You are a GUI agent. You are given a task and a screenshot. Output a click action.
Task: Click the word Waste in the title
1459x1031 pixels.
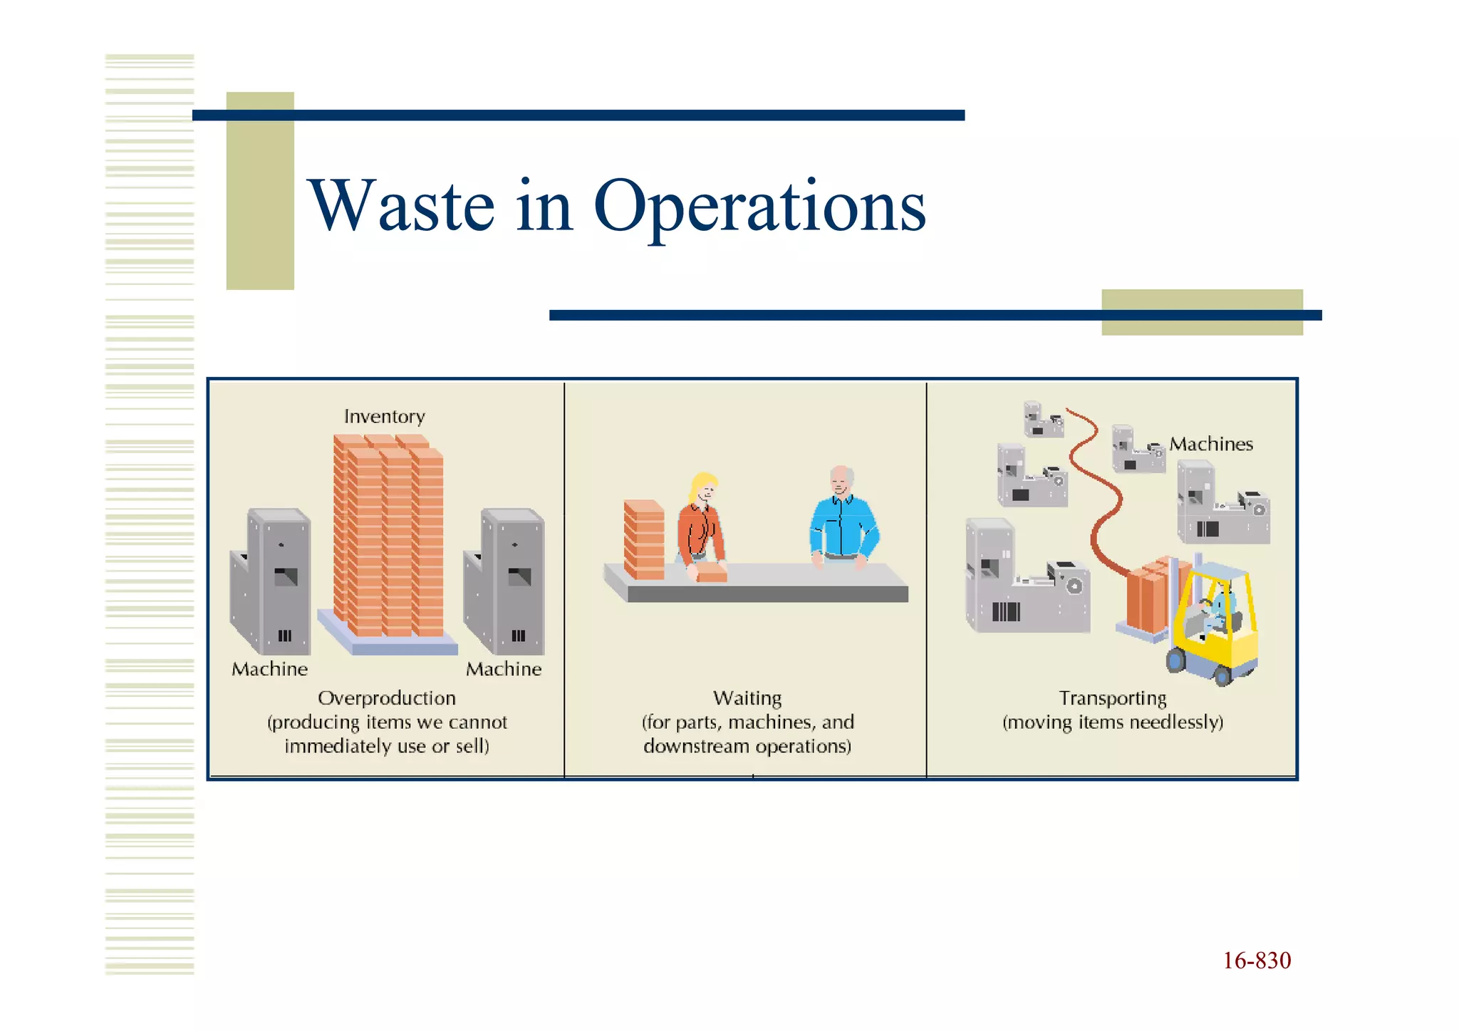pos(401,207)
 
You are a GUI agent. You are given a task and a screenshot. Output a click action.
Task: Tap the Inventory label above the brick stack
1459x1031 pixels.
pos(384,417)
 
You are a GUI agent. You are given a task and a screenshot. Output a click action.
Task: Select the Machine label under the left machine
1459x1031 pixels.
pos(269,669)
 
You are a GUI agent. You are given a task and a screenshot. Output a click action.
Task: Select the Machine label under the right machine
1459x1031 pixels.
pos(504,669)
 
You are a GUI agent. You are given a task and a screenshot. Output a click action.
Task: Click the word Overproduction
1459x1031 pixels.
pos(386,698)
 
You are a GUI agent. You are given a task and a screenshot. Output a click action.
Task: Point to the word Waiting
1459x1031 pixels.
pos(747,698)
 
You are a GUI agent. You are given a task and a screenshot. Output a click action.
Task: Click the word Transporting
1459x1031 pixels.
pos(1112,698)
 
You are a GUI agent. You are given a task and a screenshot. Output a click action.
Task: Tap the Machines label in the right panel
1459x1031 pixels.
pos(1210,444)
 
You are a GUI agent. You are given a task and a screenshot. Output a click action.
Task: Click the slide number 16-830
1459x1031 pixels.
pos(1257,960)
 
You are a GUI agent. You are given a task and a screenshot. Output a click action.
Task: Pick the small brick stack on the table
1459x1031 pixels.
pos(643,539)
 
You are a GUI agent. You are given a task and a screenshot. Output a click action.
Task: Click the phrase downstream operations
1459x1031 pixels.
pos(747,746)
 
